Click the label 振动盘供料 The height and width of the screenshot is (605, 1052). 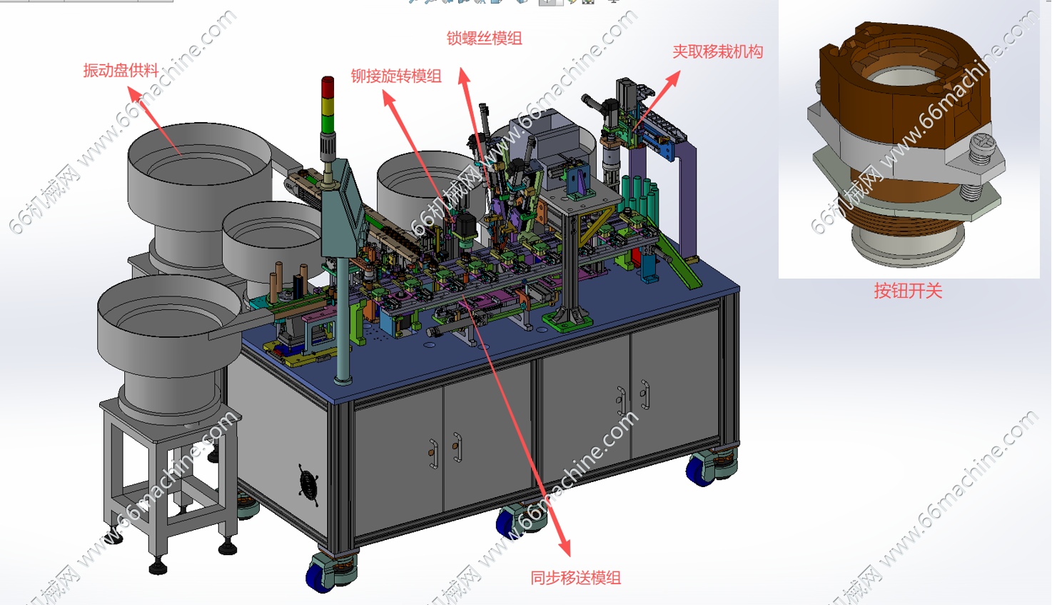(121, 71)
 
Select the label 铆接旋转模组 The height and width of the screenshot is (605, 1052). (396, 76)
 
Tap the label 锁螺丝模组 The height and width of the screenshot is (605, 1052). (484, 38)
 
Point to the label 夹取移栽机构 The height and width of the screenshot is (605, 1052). (717, 51)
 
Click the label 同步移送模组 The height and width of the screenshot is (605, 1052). (576, 578)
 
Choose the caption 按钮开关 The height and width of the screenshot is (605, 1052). (909, 291)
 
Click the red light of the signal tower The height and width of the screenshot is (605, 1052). (328, 87)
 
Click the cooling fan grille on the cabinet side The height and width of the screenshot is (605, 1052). (308, 484)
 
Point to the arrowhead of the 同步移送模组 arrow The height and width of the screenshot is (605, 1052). (565, 548)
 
